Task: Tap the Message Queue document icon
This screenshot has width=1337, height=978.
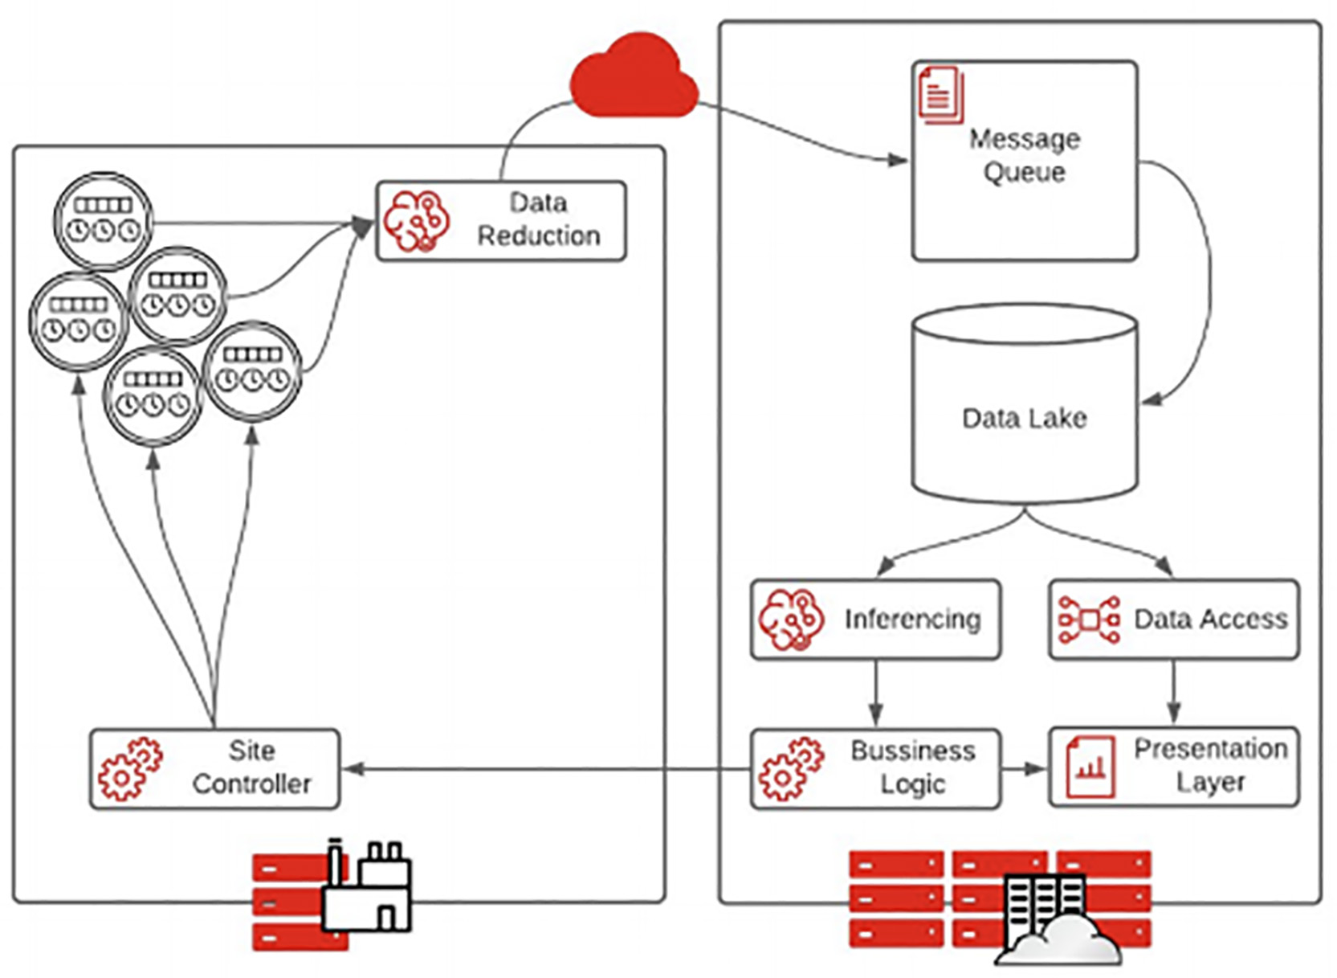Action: (x=940, y=96)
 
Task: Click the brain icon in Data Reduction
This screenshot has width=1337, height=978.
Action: (x=415, y=221)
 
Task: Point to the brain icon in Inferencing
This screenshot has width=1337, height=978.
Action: (x=791, y=619)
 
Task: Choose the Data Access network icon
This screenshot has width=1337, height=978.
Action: (x=1088, y=619)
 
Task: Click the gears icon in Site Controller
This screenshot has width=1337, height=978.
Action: (x=129, y=768)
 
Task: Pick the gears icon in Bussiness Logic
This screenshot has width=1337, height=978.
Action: (x=791, y=768)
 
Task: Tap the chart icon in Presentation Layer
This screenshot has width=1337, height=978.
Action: (x=1089, y=767)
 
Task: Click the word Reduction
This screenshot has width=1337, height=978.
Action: (x=539, y=235)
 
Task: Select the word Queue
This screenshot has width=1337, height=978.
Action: (x=1024, y=172)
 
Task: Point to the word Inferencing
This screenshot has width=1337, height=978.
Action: (x=912, y=619)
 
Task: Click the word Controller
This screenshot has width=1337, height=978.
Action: (x=251, y=784)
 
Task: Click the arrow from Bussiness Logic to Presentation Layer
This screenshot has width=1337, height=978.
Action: (x=1025, y=769)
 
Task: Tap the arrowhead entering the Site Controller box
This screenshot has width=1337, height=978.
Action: (x=353, y=769)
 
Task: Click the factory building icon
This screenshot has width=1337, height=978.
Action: (x=367, y=889)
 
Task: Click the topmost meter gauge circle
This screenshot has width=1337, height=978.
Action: (x=103, y=221)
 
